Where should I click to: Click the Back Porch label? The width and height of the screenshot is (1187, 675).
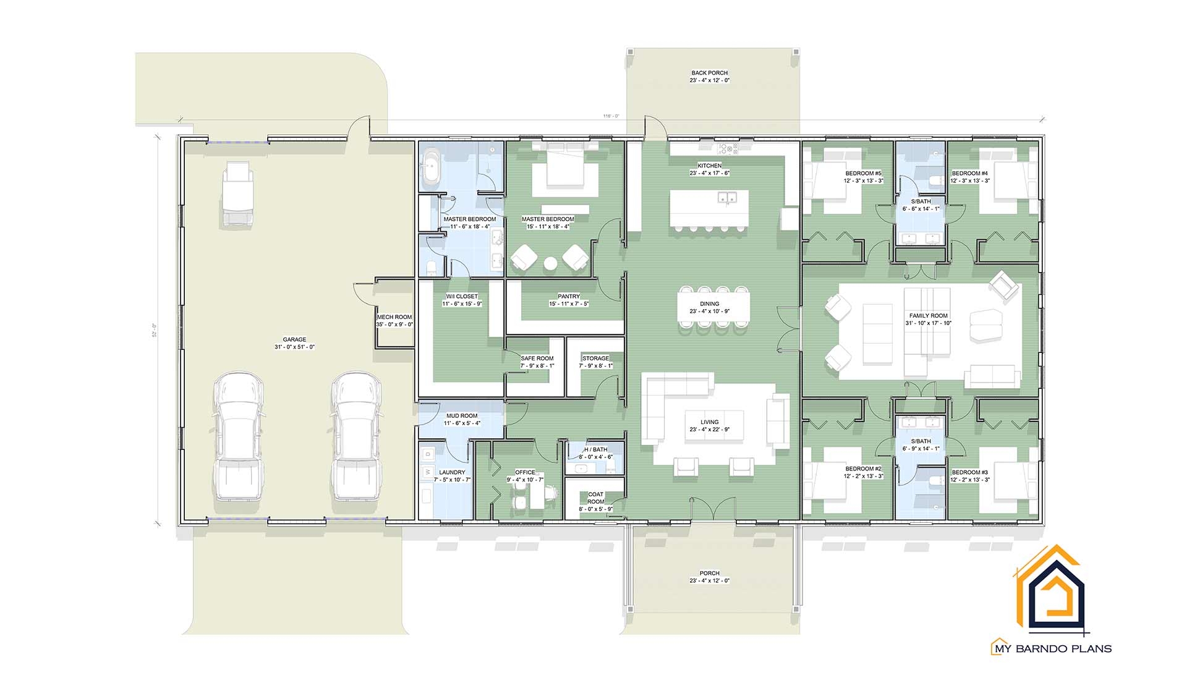709,73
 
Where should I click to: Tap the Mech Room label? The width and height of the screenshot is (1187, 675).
394,317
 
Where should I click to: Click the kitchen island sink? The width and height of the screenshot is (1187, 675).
726,198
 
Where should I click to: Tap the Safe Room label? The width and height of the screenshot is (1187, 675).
537,359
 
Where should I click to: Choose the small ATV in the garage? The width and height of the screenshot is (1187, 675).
238,193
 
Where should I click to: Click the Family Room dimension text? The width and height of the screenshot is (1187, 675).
929,323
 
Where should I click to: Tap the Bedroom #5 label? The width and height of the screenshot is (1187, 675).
863,174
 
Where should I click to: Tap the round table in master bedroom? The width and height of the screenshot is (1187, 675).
550,264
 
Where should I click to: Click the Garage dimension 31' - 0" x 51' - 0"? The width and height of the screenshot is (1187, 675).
294,347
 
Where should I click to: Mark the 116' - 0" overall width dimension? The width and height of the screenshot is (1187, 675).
611,116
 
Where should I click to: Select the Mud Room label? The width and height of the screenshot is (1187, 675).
461,416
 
